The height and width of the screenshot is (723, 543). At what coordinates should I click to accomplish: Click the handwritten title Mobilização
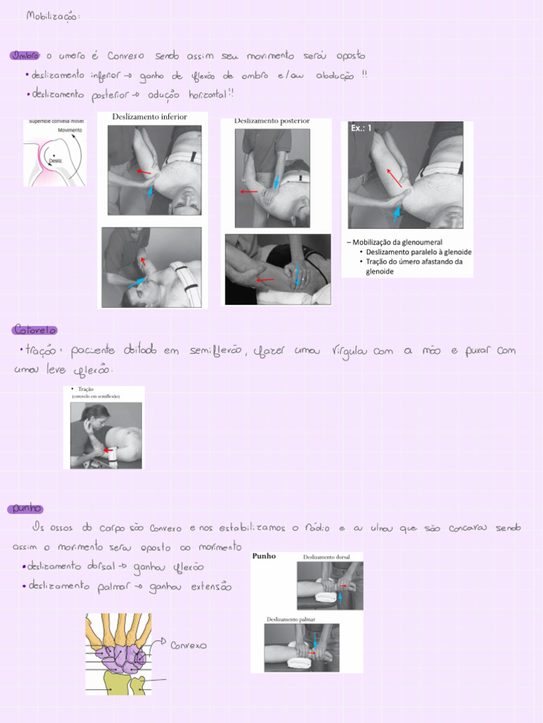coord(53,16)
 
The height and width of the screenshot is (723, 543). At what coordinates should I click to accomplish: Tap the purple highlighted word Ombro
coord(25,56)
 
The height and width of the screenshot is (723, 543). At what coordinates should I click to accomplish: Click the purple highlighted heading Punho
coord(25,508)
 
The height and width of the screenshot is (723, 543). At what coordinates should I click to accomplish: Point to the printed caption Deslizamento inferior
coord(148,116)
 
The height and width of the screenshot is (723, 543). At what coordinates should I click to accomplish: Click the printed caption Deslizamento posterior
coord(271,121)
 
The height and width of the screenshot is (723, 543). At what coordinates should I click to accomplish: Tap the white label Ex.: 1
coord(361,129)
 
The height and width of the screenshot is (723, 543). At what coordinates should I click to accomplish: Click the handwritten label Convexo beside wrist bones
coord(189,645)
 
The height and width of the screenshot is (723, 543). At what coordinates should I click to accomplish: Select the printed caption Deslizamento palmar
coord(291,619)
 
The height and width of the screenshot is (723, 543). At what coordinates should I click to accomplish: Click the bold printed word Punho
coord(264,556)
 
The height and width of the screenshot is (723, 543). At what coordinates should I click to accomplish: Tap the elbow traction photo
coord(105,435)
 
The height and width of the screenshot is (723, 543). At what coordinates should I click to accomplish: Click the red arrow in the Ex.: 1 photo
coord(395,178)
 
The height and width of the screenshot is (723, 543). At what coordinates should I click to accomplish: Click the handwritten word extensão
coord(211,587)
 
